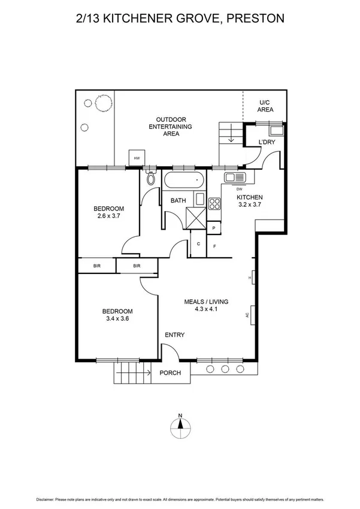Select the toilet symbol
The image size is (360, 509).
(x=151, y=178)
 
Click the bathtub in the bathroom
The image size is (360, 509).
(x=184, y=180)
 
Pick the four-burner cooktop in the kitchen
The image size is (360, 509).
(x=214, y=203)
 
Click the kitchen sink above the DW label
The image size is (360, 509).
(x=233, y=177)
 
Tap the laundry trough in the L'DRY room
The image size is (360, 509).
(x=276, y=131)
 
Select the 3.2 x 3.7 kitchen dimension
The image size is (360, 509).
(x=249, y=204)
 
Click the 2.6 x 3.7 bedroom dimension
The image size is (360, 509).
(x=108, y=216)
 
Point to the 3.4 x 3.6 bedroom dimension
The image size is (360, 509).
(x=117, y=319)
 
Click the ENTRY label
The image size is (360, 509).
(x=174, y=335)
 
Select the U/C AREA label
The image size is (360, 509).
(x=265, y=106)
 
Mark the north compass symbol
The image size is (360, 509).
(x=180, y=427)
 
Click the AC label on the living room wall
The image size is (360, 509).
(x=247, y=314)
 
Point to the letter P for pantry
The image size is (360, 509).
(x=214, y=228)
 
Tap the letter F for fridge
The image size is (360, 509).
(x=214, y=246)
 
